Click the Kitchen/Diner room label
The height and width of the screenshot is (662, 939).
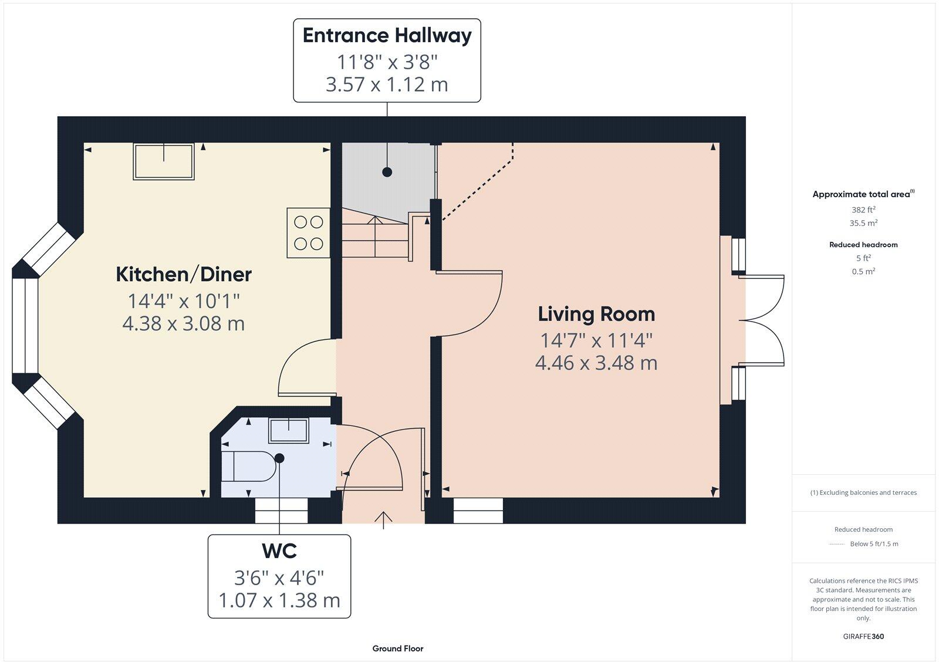pyautogui.click(x=184, y=274)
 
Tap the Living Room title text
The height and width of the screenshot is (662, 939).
pyautogui.click(x=596, y=314)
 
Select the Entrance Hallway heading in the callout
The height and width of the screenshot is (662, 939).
pyautogui.click(x=387, y=35)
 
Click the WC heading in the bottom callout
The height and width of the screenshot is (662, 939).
pyautogui.click(x=279, y=551)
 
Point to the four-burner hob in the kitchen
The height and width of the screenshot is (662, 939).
pyautogui.click(x=308, y=233)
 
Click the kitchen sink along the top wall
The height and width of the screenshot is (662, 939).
pyautogui.click(x=164, y=161)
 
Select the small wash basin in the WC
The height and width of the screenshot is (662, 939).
pyautogui.click(x=288, y=430)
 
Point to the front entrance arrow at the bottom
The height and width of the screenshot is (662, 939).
pyautogui.click(x=383, y=519)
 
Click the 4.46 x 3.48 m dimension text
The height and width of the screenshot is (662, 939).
pyautogui.click(x=596, y=363)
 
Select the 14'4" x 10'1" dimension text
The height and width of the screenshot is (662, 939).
pyautogui.click(x=184, y=301)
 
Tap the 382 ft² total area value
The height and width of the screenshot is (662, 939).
pyautogui.click(x=863, y=210)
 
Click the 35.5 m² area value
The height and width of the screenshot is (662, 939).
pyautogui.click(x=863, y=223)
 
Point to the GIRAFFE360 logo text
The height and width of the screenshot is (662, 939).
pyautogui.click(x=863, y=636)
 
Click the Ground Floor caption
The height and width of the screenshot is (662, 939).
pyautogui.click(x=397, y=649)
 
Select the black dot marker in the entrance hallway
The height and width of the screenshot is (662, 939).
pyautogui.click(x=387, y=172)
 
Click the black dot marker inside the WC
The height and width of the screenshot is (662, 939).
pyautogui.click(x=279, y=458)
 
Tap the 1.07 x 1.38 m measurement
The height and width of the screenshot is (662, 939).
pyautogui.click(x=279, y=600)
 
